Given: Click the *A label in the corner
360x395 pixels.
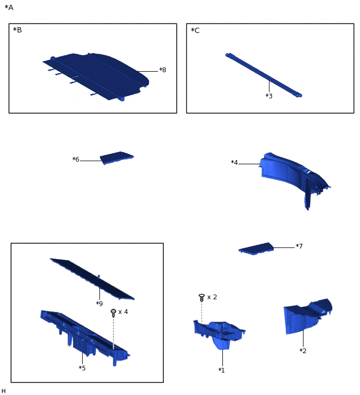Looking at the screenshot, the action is tap(9, 7).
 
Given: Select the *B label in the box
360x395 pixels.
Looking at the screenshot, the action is tap(17, 30).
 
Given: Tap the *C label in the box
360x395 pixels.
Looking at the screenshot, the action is tap(195, 30).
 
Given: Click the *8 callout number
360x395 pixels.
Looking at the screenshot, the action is tap(163, 70).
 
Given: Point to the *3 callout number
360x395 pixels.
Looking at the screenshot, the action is tap(269, 96).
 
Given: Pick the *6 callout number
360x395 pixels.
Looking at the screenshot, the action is tap(76, 160).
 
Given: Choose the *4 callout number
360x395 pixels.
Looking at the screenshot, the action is tap(234, 163).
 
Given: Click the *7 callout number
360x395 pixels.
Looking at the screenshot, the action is tap(299, 246).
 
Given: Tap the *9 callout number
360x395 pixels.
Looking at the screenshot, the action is tap(99, 303).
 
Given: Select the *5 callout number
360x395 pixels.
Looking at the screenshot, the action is tap(82, 368).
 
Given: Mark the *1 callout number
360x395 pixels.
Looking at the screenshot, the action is tap(221, 370).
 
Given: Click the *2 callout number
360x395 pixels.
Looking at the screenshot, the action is tap(303, 351).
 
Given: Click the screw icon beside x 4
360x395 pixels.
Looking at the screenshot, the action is tap(114, 313).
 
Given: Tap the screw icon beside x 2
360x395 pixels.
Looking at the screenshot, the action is tap(201, 298).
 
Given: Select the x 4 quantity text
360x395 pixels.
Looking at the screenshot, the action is tap(123, 312).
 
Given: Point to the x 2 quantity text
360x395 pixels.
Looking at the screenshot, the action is tap(212, 297).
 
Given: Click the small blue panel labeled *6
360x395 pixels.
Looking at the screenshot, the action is tap(117, 157).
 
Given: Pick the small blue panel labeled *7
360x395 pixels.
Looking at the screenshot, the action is tap(256, 249).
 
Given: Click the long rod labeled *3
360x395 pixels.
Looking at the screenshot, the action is tap(264, 75).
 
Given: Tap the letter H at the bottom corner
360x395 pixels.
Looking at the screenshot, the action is tap(3, 391).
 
